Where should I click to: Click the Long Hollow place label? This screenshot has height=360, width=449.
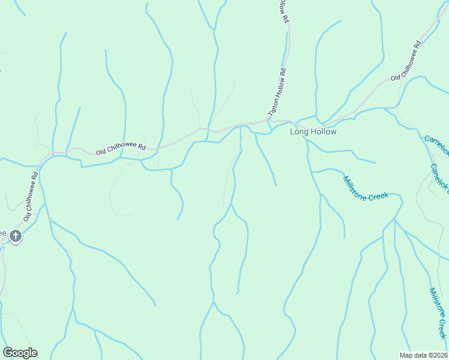click(313, 131)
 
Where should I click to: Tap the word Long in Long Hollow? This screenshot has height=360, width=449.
click(299, 131)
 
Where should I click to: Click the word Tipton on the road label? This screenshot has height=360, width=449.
click(273, 107)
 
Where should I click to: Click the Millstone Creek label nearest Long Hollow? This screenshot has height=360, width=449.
click(366, 188)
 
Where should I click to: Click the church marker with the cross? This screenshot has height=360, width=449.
click(16, 236)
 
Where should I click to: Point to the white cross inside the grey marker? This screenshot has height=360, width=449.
click(16, 236)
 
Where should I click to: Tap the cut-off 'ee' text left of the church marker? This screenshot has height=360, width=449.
click(3, 233)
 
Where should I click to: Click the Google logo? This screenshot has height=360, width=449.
click(20, 353)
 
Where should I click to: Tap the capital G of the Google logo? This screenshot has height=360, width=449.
click(7, 353)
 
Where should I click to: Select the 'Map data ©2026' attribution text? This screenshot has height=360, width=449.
click(424, 355)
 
